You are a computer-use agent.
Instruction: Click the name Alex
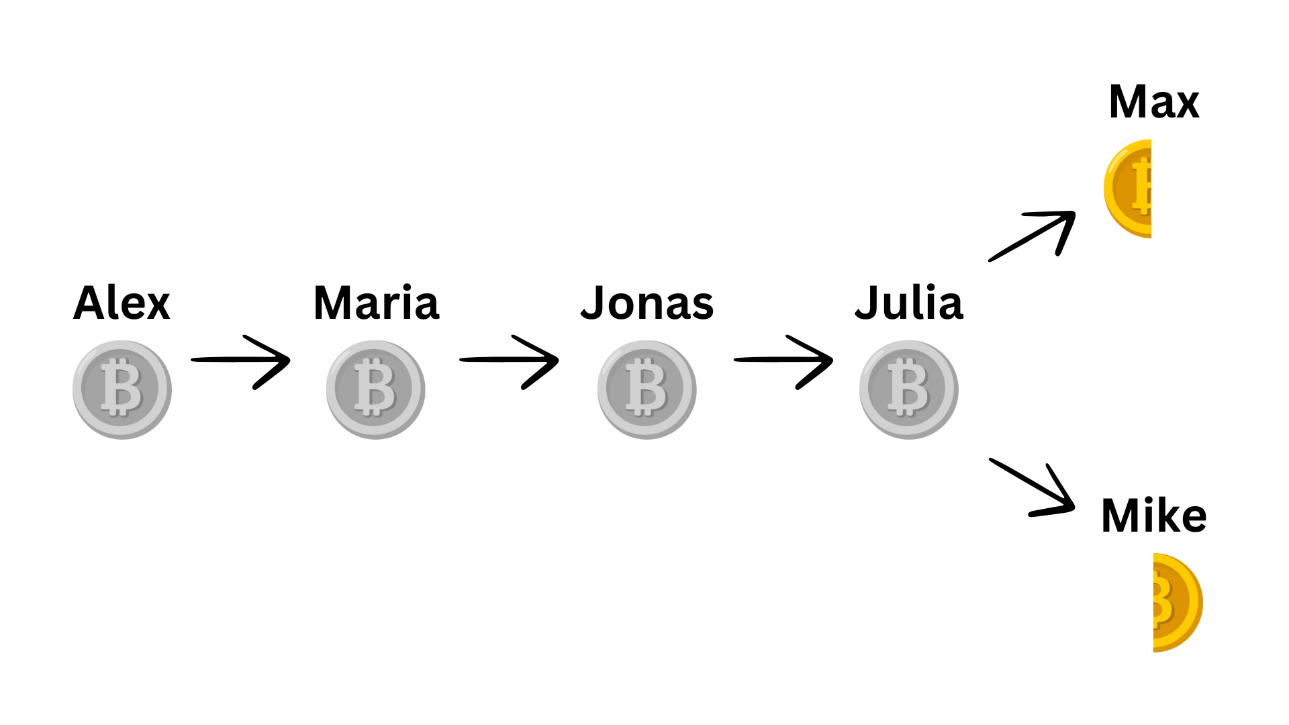pos(122,303)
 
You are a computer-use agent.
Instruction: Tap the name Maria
pos(376,303)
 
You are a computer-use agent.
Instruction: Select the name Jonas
pos(647,303)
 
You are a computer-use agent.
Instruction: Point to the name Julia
pos(909,303)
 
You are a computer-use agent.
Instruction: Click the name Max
pos(1154,102)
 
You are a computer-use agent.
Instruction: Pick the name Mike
pos(1154,516)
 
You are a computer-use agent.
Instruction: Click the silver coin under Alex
pos(122,389)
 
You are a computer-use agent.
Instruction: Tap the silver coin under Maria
pos(376,389)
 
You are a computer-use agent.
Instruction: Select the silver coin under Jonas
pos(647,389)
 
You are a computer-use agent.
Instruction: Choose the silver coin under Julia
pos(909,389)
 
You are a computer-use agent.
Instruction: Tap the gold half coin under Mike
pos(1175,602)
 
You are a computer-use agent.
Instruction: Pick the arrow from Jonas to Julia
pos(783,361)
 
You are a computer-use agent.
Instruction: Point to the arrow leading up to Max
pos(1034,235)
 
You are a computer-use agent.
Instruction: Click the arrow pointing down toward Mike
pos(1034,487)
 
